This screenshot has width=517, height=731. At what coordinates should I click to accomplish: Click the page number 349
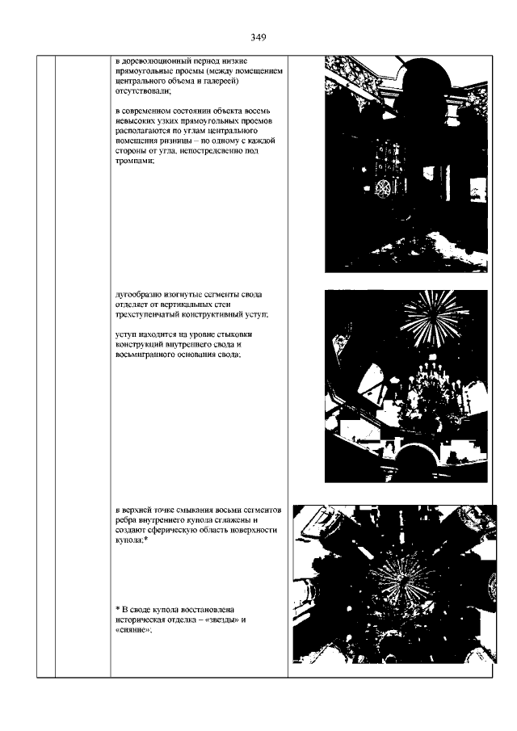pyautogui.click(x=258, y=37)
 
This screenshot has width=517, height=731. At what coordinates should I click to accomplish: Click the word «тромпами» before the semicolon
pyautogui.click(x=133, y=162)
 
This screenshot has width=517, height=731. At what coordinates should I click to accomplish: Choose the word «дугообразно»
pyautogui.click(x=137, y=295)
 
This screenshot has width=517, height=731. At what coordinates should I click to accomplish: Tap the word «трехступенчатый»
pyautogui.click(x=145, y=315)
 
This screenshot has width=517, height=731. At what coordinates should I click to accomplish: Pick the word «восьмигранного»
pyautogui.click(x=143, y=355)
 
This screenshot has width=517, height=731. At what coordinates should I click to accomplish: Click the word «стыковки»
pyautogui.click(x=238, y=334)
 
